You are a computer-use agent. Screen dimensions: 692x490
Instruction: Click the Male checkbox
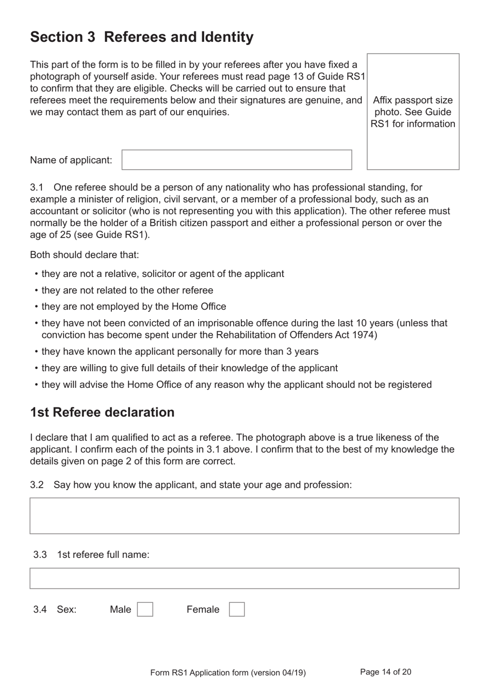(145, 609)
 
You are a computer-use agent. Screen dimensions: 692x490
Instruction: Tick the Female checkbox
(237, 609)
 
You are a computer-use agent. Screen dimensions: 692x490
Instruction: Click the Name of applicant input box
(237, 160)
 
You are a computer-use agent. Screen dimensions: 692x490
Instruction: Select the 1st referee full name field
(244, 579)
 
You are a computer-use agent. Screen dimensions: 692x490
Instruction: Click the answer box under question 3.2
(244, 516)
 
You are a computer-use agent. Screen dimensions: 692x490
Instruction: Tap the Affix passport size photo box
(413, 112)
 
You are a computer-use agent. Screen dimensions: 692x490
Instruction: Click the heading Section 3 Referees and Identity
(142, 37)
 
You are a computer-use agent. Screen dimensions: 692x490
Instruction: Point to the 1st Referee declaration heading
(102, 413)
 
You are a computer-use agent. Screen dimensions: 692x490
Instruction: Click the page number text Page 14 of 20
(385, 672)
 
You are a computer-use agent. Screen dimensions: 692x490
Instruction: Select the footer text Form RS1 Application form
(227, 672)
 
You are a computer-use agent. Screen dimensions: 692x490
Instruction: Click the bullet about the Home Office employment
(134, 307)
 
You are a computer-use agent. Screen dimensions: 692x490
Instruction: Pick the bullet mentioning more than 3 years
(180, 352)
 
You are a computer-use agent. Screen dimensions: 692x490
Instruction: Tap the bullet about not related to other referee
(127, 290)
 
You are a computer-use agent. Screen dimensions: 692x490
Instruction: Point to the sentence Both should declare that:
(84, 255)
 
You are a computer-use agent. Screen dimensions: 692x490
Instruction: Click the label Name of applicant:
(71, 160)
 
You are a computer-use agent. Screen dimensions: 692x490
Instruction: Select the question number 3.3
(40, 555)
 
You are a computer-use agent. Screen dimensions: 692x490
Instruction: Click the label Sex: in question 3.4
(67, 609)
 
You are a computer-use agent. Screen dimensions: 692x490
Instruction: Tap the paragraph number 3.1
(36, 187)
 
